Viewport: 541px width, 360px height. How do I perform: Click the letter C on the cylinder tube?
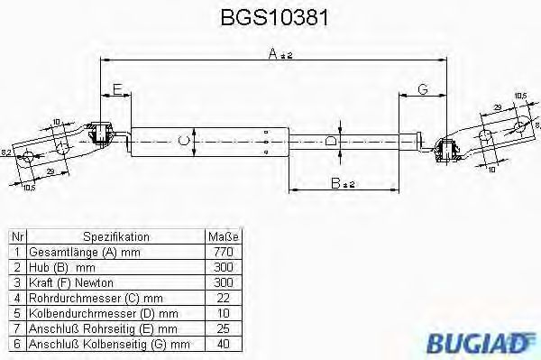(x=184, y=139)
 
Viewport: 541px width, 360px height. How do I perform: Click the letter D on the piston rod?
(x=330, y=139)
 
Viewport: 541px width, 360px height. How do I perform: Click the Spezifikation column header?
(x=116, y=236)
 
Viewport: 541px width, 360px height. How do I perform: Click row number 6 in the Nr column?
(x=16, y=344)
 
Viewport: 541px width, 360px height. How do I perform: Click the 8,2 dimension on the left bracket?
(x=6, y=152)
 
